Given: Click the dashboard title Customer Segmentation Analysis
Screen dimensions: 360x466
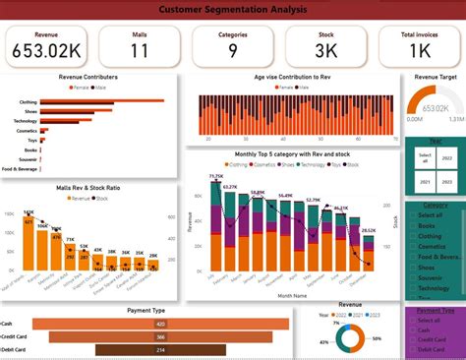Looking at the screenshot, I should (233, 10).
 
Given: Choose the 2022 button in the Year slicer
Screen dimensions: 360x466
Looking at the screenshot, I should (445, 156).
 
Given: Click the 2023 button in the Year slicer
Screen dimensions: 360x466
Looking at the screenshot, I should (445, 180).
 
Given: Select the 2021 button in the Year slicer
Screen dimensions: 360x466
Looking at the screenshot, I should (425, 180).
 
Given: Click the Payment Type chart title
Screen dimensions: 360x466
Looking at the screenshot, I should (146, 310).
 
